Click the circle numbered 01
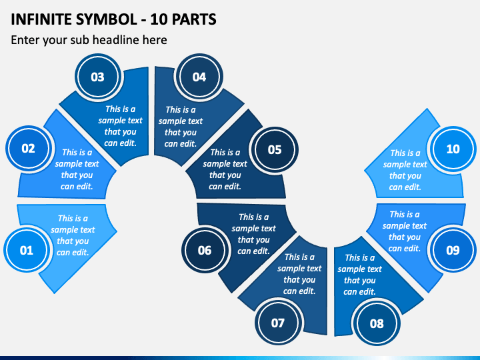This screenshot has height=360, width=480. point(26,251)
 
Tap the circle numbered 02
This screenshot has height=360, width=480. point(28,149)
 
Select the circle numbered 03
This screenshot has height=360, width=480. point(97,77)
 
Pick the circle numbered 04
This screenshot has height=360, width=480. point(199,77)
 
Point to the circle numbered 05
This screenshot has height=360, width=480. point(275,149)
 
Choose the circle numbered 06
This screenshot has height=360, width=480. point(204,251)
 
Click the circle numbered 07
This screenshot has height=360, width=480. point(278,323)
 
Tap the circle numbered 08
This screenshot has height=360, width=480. point(377,323)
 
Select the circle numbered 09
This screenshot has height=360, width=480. point(453,251)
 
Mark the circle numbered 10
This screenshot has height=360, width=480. point(453,149)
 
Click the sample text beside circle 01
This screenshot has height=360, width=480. point(73,235)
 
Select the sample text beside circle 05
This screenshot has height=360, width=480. point(225,169)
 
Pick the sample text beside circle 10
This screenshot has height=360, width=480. point(405,170)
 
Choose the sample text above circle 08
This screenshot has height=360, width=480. point(360,275)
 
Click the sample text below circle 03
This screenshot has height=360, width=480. point(121,126)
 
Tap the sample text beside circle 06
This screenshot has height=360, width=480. point(254,234)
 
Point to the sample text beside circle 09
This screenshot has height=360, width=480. point(405,231)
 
